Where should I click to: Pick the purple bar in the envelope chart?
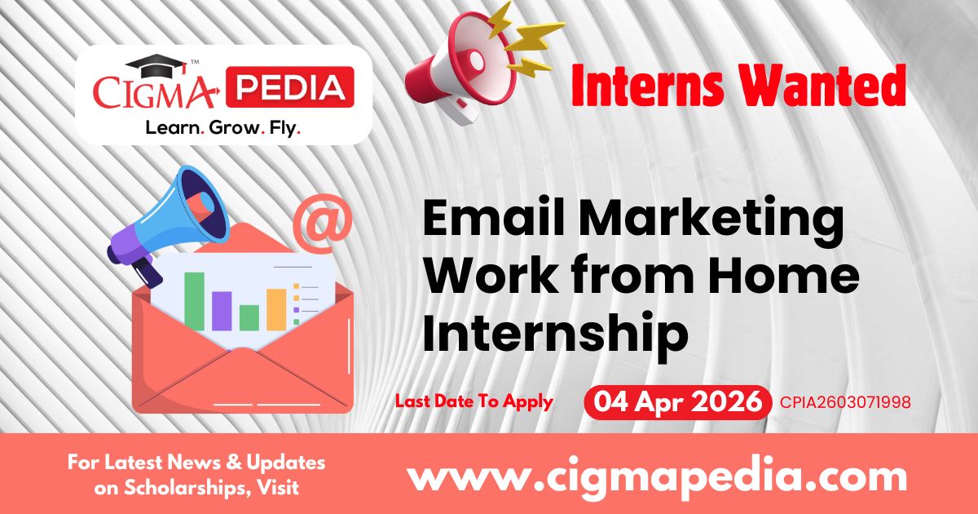[222, 310]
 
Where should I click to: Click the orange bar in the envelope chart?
[276, 309]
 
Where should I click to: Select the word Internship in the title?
[554, 335]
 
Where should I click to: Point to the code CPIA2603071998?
[845, 402]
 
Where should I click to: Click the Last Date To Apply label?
[474, 401]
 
